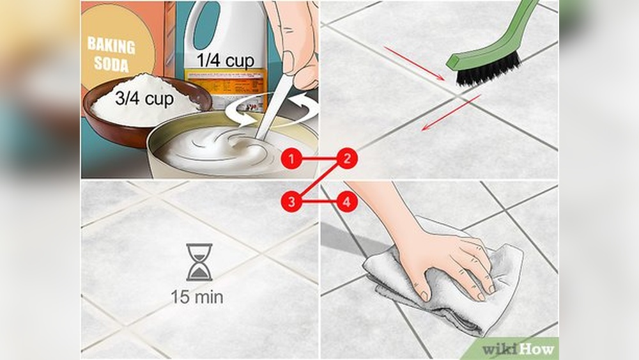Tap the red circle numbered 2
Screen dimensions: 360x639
tap(347, 159)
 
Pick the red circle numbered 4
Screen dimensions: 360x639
tap(347, 202)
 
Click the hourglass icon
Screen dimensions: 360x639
tap(199, 262)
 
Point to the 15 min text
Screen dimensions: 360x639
tap(197, 297)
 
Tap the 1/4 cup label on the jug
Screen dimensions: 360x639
tap(225, 60)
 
